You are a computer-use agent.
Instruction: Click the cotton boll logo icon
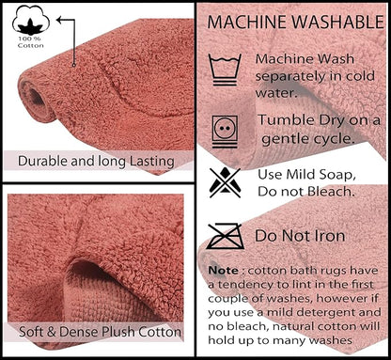(x=31, y=21)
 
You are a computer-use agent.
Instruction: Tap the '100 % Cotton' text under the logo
(x=30, y=42)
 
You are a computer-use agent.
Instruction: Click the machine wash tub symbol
(x=225, y=70)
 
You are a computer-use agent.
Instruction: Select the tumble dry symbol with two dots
(x=225, y=132)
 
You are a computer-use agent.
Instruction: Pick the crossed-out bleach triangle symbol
(x=225, y=182)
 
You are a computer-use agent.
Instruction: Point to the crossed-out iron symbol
(x=225, y=236)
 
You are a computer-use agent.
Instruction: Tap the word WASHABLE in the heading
(x=337, y=22)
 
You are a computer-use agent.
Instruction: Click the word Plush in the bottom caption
(x=119, y=332)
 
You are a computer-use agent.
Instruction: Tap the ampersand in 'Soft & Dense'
(x=52, y=332)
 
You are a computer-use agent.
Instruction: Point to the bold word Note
(x=224, y=270)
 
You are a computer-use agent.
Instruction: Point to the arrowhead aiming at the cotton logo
(x=59, y=21)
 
